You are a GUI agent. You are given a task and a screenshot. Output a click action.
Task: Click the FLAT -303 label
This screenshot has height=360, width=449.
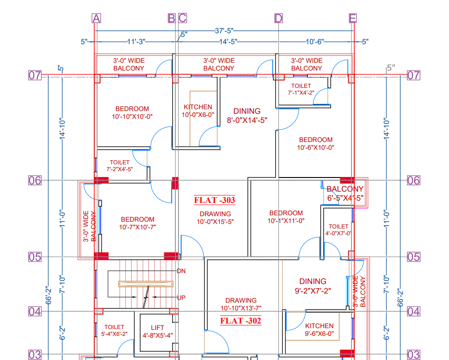[214, 200]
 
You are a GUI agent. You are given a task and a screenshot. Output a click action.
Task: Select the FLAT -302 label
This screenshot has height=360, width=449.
[240, 320]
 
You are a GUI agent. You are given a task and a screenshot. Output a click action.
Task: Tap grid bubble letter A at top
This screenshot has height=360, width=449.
[96, 18]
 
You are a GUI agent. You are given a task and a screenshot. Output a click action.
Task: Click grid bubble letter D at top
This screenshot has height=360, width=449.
[279, 18]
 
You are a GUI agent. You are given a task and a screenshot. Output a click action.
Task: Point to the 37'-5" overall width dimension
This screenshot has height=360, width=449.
[224, 30]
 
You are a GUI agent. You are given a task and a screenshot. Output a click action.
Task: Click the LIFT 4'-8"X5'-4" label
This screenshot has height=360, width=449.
[158, 331]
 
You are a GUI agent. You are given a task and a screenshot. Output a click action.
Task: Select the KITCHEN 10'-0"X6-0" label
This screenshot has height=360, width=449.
[198, 111]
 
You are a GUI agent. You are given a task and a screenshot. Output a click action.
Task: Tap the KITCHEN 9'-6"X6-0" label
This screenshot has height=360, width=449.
[319, 330]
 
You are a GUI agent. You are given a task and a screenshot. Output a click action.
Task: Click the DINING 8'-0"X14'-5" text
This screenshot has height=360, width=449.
[247, 116]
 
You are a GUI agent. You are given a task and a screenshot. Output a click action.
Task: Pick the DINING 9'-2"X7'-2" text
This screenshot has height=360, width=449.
[313, 285]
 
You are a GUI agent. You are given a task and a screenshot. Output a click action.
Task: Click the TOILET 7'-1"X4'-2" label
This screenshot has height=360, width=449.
[301, 89]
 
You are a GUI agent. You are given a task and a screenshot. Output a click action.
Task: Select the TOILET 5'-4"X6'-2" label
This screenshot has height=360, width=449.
[114, 330]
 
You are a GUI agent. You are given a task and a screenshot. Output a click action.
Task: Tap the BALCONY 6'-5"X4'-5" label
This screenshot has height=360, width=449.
[345, 193]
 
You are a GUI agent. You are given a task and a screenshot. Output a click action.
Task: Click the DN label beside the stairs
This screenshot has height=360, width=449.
[181, 271]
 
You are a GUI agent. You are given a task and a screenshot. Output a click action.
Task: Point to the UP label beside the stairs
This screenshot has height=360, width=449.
[181, 298]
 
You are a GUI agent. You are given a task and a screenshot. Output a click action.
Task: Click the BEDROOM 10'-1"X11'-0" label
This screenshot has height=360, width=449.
[286, 217]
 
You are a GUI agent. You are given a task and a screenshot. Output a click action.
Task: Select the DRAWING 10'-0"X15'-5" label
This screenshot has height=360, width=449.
[215, 218]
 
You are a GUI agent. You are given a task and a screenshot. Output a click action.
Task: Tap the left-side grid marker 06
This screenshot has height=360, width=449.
[35, 180]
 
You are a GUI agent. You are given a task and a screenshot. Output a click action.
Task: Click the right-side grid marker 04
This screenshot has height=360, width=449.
[413, 312]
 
